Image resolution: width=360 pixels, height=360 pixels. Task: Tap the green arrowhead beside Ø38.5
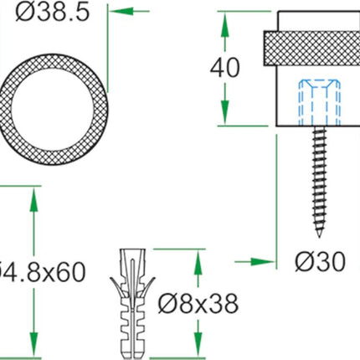(x=119, y=13)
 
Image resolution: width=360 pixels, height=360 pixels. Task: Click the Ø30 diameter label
(x=319, y=262)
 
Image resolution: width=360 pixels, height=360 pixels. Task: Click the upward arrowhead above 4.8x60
(x=33, y=195)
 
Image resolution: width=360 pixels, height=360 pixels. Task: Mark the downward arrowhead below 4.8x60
(x=33, y=348)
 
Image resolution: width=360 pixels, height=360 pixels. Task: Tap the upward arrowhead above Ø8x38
(x=198, y=258)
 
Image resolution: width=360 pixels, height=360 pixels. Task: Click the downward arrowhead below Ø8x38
(x=198, y=347)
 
